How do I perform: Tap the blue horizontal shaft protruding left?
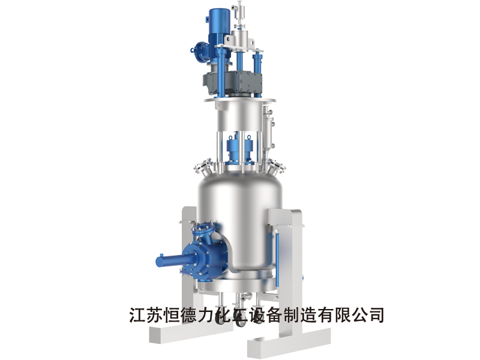(169, 260)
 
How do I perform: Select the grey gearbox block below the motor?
(233, 83)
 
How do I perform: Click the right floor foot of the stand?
(289, 342)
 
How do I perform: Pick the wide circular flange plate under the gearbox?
(240, 100)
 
